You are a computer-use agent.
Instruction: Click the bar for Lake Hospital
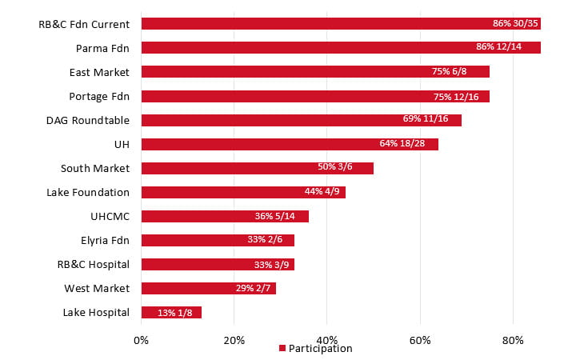[171, 312]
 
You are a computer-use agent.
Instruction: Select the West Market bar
[208, 288]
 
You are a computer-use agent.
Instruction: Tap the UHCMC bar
[224, 216]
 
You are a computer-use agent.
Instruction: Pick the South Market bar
[256, 168]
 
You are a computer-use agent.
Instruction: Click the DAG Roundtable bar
[301, 120]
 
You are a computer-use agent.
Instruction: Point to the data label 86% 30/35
[515, 24]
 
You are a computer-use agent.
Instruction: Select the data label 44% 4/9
[321, 192]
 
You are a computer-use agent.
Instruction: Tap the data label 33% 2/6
[270, 240]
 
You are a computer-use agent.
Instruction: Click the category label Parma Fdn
[102, 48]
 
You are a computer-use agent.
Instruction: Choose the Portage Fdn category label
[99, 96]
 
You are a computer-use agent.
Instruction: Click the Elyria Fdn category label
[102, 240]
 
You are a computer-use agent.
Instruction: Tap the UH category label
[122, 144]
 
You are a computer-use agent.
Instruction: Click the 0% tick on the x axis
[141, 340]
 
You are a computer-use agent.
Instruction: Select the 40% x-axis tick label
[326, 340]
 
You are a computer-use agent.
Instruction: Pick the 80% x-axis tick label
[513, 340]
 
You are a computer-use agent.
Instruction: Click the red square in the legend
[282, 349]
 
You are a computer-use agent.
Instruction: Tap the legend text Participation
[320, 349]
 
